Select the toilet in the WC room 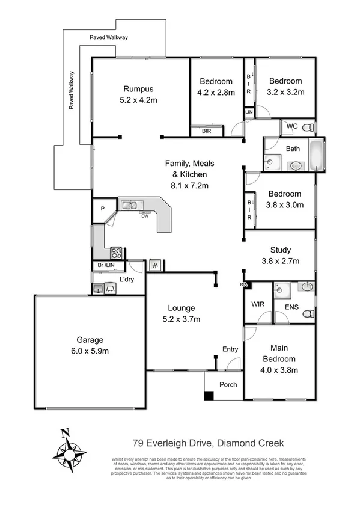point(308,127)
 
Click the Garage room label point(90,339)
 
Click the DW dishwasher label point(145,216)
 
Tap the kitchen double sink point(129,206)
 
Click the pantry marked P point(103,209)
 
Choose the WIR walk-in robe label point(257,304)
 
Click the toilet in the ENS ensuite point(308,314)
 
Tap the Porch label point(228,385)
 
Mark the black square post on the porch point(209,395)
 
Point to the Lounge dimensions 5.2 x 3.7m point(180,319)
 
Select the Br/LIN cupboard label point(106,266)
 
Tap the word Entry point(230,349)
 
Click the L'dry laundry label point(126,280)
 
